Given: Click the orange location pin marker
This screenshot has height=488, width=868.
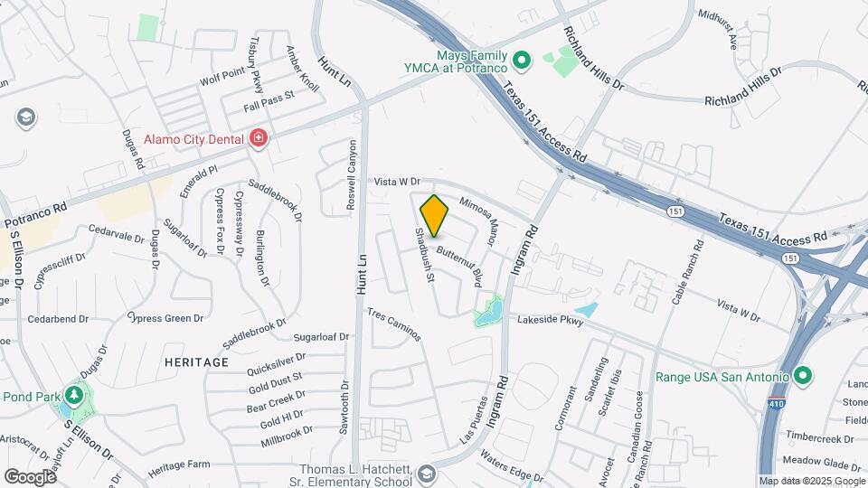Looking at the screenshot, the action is click(x=435, y=215).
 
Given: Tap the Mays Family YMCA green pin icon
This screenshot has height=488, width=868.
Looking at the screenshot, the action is click(x=521, y=61).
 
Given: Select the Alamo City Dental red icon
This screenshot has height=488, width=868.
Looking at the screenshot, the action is click(x=259, y=138).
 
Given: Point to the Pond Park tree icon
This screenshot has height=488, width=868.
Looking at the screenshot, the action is click(x=74, y=395).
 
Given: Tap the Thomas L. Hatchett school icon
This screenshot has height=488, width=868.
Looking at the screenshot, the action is click(x=426, y=474).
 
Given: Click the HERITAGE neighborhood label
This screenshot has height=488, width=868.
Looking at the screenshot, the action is click(x=197, y=362).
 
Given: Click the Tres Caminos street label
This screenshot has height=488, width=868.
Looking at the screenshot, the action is click(x=394, y=324).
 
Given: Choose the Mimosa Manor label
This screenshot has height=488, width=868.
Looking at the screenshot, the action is click(x=479, y=222).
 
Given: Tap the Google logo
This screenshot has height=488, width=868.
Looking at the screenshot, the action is click(x=30, y=476).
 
